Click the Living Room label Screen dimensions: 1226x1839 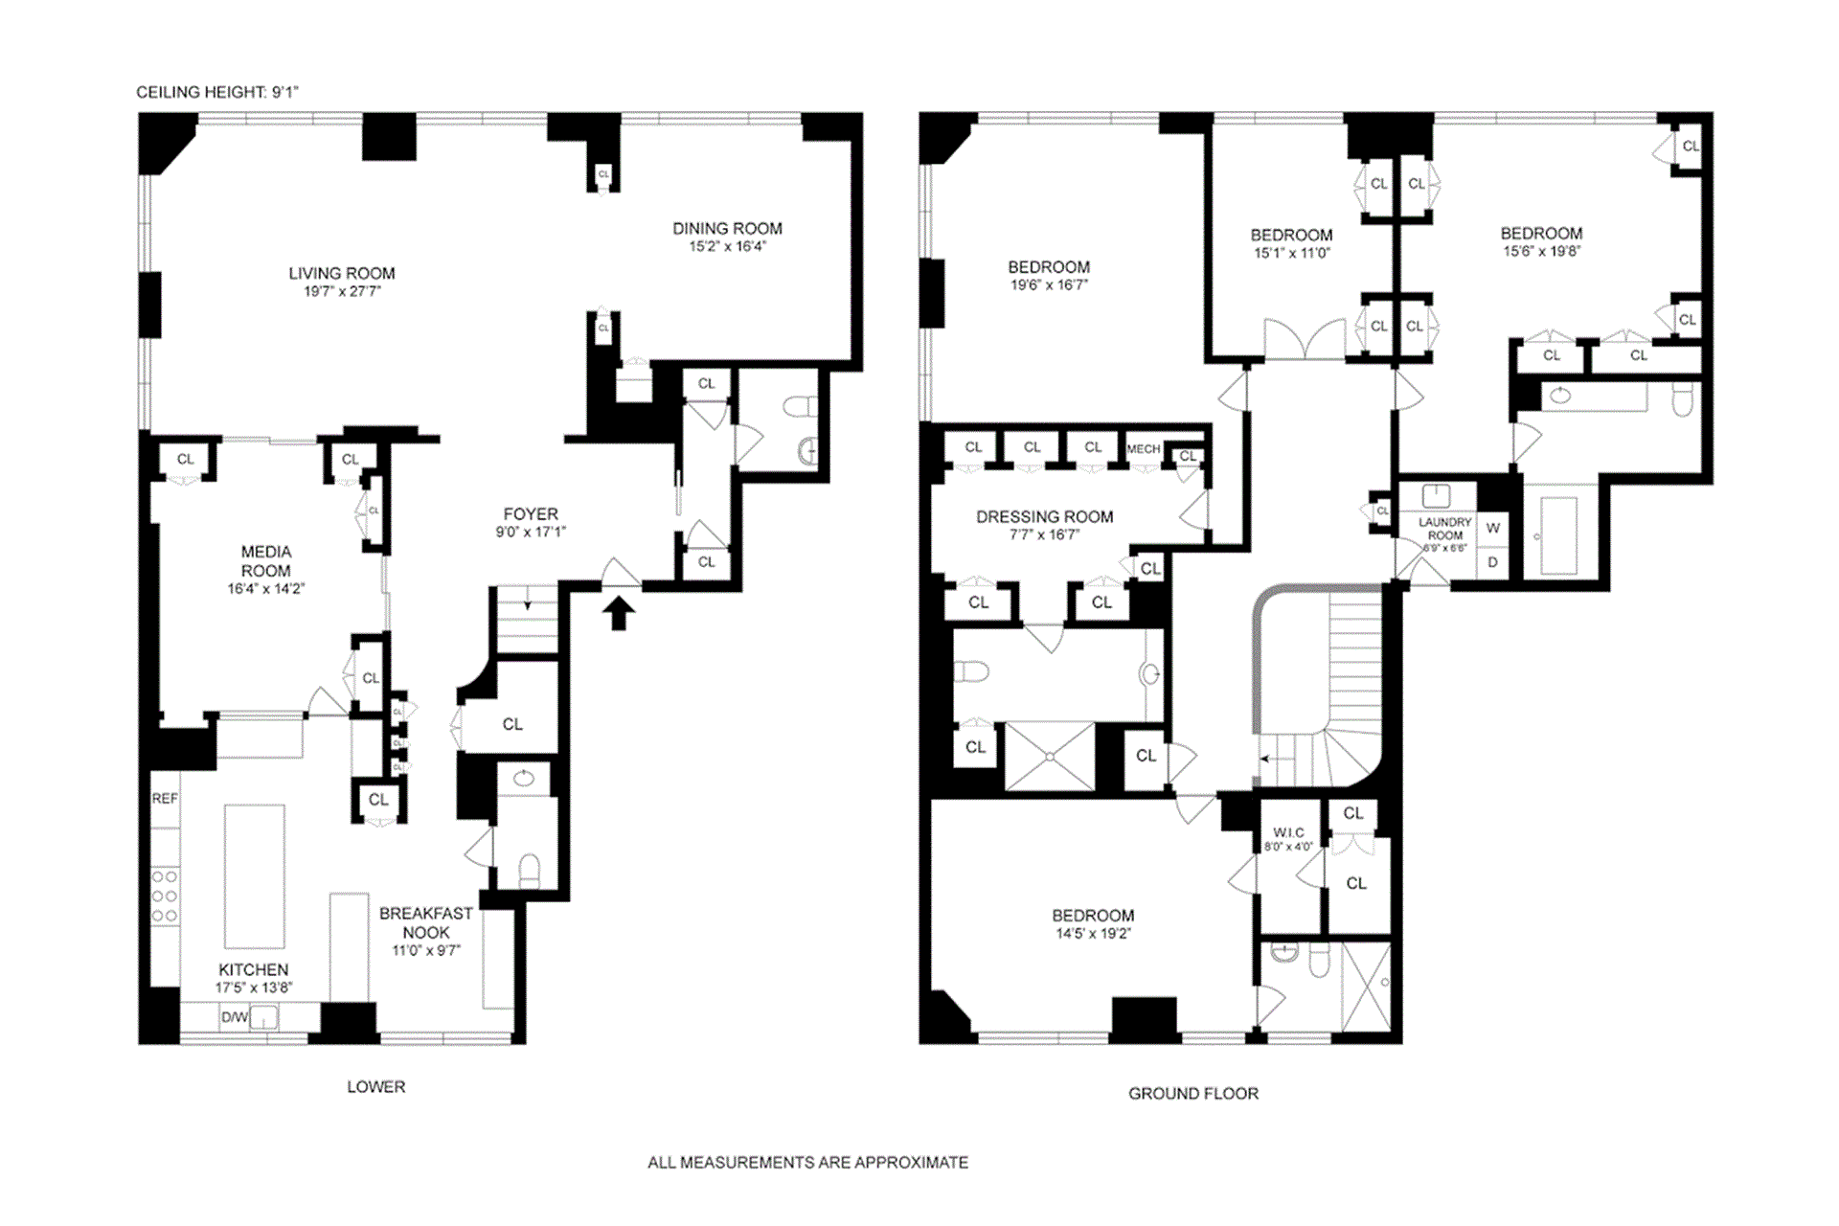(x=342, y=273)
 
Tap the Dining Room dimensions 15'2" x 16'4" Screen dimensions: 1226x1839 (x=727, y=246)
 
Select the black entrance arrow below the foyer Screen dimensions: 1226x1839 (x=619, y=613)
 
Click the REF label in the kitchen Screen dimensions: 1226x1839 (x=165, y=798)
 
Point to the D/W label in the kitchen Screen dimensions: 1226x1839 (x=234, y=1017)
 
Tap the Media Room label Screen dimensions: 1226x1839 (x=265, y=561)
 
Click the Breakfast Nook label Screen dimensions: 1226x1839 (x=425, y=922)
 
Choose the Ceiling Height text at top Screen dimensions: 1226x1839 (x=217, y=92)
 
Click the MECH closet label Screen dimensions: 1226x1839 (x=1143, y=448)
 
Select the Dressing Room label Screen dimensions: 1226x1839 (x=1044, y=517)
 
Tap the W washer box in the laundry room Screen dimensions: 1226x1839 (x=1492, y=528)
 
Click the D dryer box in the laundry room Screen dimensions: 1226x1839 (x=1492, y=562)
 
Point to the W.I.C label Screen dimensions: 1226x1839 (x=1288, y=832)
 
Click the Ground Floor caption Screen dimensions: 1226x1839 (x=1192, y=1093)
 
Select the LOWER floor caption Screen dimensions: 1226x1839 (x=375, y=1086)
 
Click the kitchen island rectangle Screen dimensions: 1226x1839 (x=255, y=875)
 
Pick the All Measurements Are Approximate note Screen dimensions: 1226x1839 (x=807, y=1162)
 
